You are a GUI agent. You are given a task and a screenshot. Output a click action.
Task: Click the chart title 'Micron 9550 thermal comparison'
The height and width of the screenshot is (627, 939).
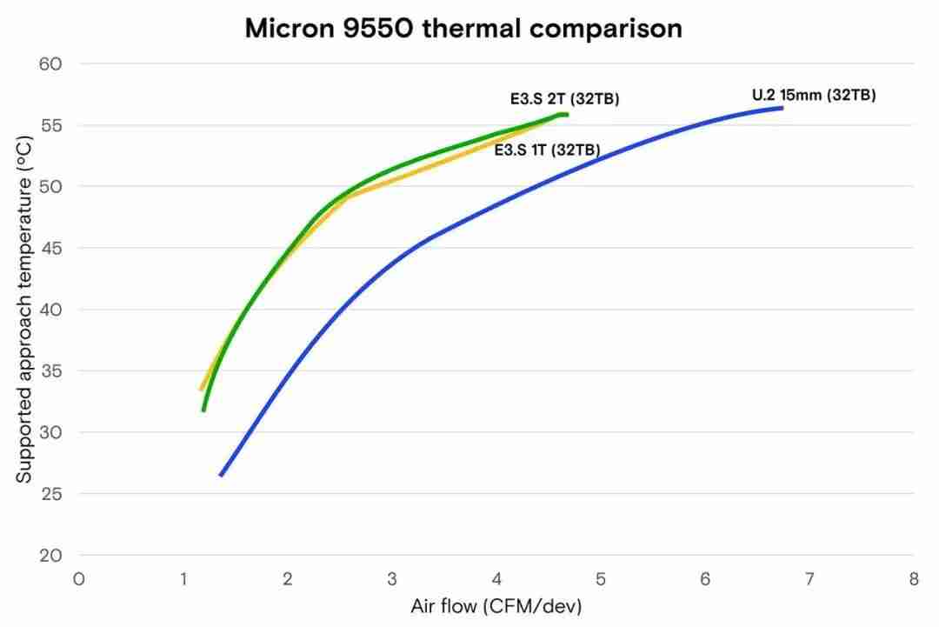click(463, 28)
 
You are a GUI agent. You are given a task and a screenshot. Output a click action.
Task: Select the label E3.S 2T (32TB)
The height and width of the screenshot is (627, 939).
click(564, 99)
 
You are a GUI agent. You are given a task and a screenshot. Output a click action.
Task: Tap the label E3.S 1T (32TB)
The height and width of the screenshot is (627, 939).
click(547, 150)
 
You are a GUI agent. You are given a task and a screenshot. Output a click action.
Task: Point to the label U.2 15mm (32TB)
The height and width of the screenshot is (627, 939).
click(814, 96)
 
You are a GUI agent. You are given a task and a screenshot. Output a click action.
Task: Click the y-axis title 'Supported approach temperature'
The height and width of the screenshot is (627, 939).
click(24, 310)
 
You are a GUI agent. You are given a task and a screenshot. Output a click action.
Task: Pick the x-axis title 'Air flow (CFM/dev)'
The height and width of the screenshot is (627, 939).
click(496, 605)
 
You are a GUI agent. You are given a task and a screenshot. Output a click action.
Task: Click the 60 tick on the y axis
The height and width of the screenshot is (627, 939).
click(50, 63)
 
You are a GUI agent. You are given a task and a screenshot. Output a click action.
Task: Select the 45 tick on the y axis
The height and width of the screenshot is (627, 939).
click(50, 248)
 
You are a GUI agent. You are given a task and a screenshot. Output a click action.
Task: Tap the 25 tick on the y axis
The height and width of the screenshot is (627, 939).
click(50, 494)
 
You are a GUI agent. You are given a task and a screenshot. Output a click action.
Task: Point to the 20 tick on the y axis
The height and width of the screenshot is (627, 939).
click(50, 555)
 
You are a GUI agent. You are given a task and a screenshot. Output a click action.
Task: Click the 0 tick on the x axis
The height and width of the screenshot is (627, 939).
click(79, 578)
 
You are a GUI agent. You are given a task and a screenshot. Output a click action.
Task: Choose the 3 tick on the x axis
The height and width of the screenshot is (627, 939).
click(392, 578)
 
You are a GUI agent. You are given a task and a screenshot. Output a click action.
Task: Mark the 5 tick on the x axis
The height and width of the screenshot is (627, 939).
click(601, 578)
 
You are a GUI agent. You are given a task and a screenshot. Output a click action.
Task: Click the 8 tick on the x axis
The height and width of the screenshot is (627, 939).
click(913, 578)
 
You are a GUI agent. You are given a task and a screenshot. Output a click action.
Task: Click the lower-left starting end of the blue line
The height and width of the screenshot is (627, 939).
click(222, 475)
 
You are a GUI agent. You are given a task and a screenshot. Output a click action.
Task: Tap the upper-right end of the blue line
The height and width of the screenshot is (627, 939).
click(782, 108)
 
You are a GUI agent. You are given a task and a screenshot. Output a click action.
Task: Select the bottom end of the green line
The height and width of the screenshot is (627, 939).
click(203, 410)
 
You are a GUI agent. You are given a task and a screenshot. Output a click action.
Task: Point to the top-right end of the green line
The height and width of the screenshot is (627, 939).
click(566, 115)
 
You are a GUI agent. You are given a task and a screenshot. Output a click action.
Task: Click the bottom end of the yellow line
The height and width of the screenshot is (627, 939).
click(202, 389)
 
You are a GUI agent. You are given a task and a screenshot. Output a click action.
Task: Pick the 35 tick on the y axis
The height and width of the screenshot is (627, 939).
click(50, 370)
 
